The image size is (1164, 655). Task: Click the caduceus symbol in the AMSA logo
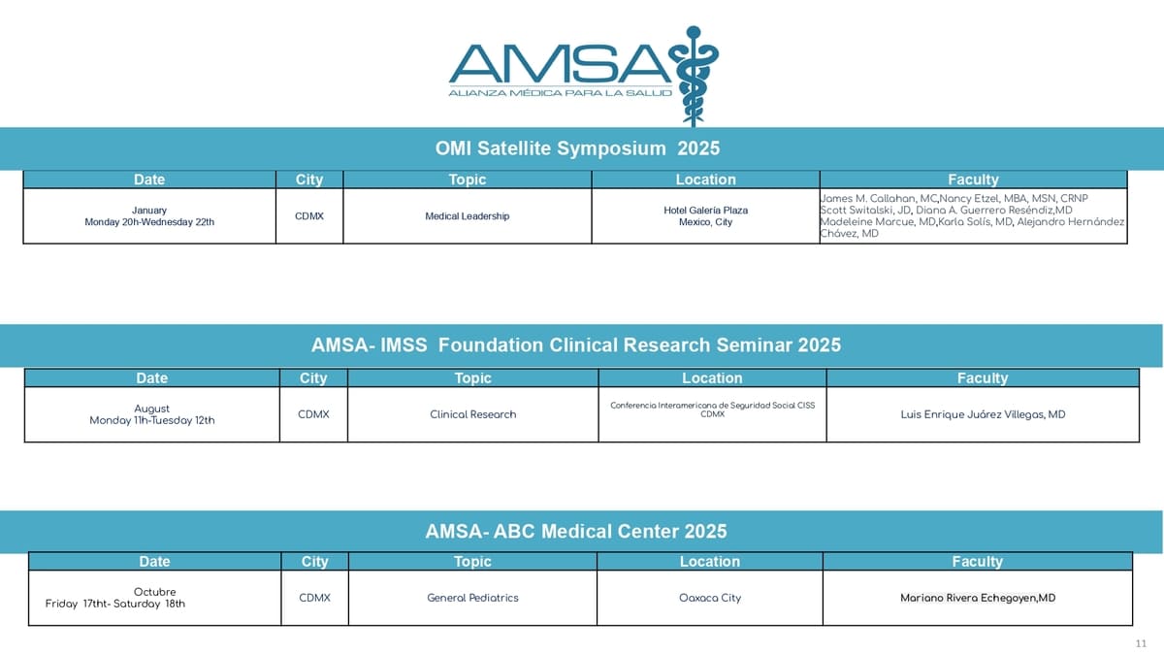[x=694, y=76]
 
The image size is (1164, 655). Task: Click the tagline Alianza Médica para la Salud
[x=561, y=93]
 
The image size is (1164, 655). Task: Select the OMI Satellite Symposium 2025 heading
[x=577, y=148]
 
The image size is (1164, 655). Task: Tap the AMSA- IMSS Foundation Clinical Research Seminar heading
[x=576, y=345]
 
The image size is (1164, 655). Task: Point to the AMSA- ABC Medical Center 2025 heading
[x=576, y=532]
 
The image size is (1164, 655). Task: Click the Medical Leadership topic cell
[x=468, y=216]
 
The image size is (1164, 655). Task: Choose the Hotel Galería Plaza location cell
[x=706, y=216]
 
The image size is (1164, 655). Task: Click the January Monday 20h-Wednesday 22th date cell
[x=149, y=216]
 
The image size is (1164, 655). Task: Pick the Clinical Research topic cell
[x=473, y=415]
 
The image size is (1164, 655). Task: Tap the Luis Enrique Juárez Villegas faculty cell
[x=983, y=415]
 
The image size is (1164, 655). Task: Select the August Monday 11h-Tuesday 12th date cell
[x=151, y=415]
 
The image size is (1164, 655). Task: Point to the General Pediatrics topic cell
[x=472, y=599]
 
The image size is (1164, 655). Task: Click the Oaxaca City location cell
[x=710, y=599]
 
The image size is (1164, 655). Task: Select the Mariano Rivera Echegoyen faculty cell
[x=978, y=599]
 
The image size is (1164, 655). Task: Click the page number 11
[x=1141, y=643]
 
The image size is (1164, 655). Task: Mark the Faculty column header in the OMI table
[x=973, y=180]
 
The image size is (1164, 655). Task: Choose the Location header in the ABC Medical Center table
[x=710, y=562]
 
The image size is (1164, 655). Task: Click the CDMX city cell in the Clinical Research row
[x=313, y=415]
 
